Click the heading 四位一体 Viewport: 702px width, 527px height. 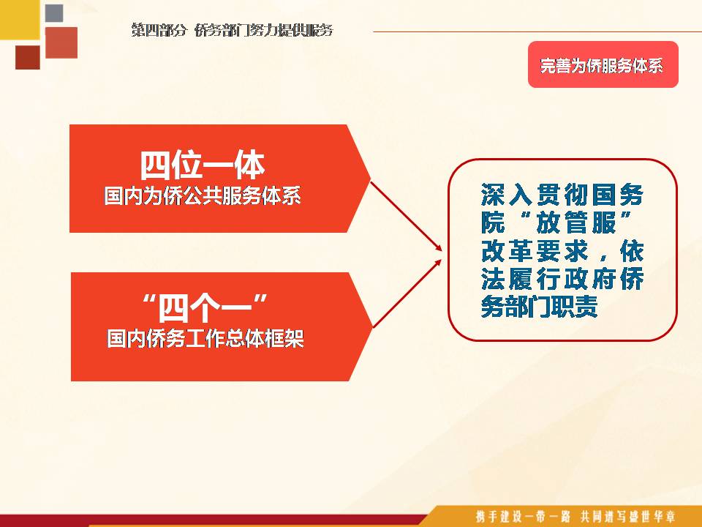click(x=203, y=165)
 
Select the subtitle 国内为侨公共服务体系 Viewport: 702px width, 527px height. click(x=203, y=196)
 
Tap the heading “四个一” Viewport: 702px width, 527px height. click(x=205, y=307)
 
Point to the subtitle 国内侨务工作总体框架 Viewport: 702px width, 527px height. click(x=205, y=338)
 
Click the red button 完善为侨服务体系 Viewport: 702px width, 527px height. click(x=603, y=64)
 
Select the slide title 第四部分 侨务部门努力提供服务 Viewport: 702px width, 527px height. click(x=233, y=30)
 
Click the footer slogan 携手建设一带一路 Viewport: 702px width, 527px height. click(x=522, y=516)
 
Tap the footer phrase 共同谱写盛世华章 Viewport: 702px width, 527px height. click(x=627, y=516)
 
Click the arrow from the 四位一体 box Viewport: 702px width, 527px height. click(x=407, y=216)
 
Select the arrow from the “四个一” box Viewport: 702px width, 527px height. click(x=407, y=293)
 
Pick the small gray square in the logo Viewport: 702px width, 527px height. click(x=54, y=13)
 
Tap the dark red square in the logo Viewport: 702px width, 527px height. click(x=28, y=57)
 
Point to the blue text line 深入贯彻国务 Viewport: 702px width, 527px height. click(x=562, y=194)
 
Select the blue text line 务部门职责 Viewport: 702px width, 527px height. click(x=540, y=307)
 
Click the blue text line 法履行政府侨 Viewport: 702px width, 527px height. click(x=562, y=278)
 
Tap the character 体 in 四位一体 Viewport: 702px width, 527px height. click(x=249, y=165)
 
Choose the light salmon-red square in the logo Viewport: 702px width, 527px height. click(x=61, y=42)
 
